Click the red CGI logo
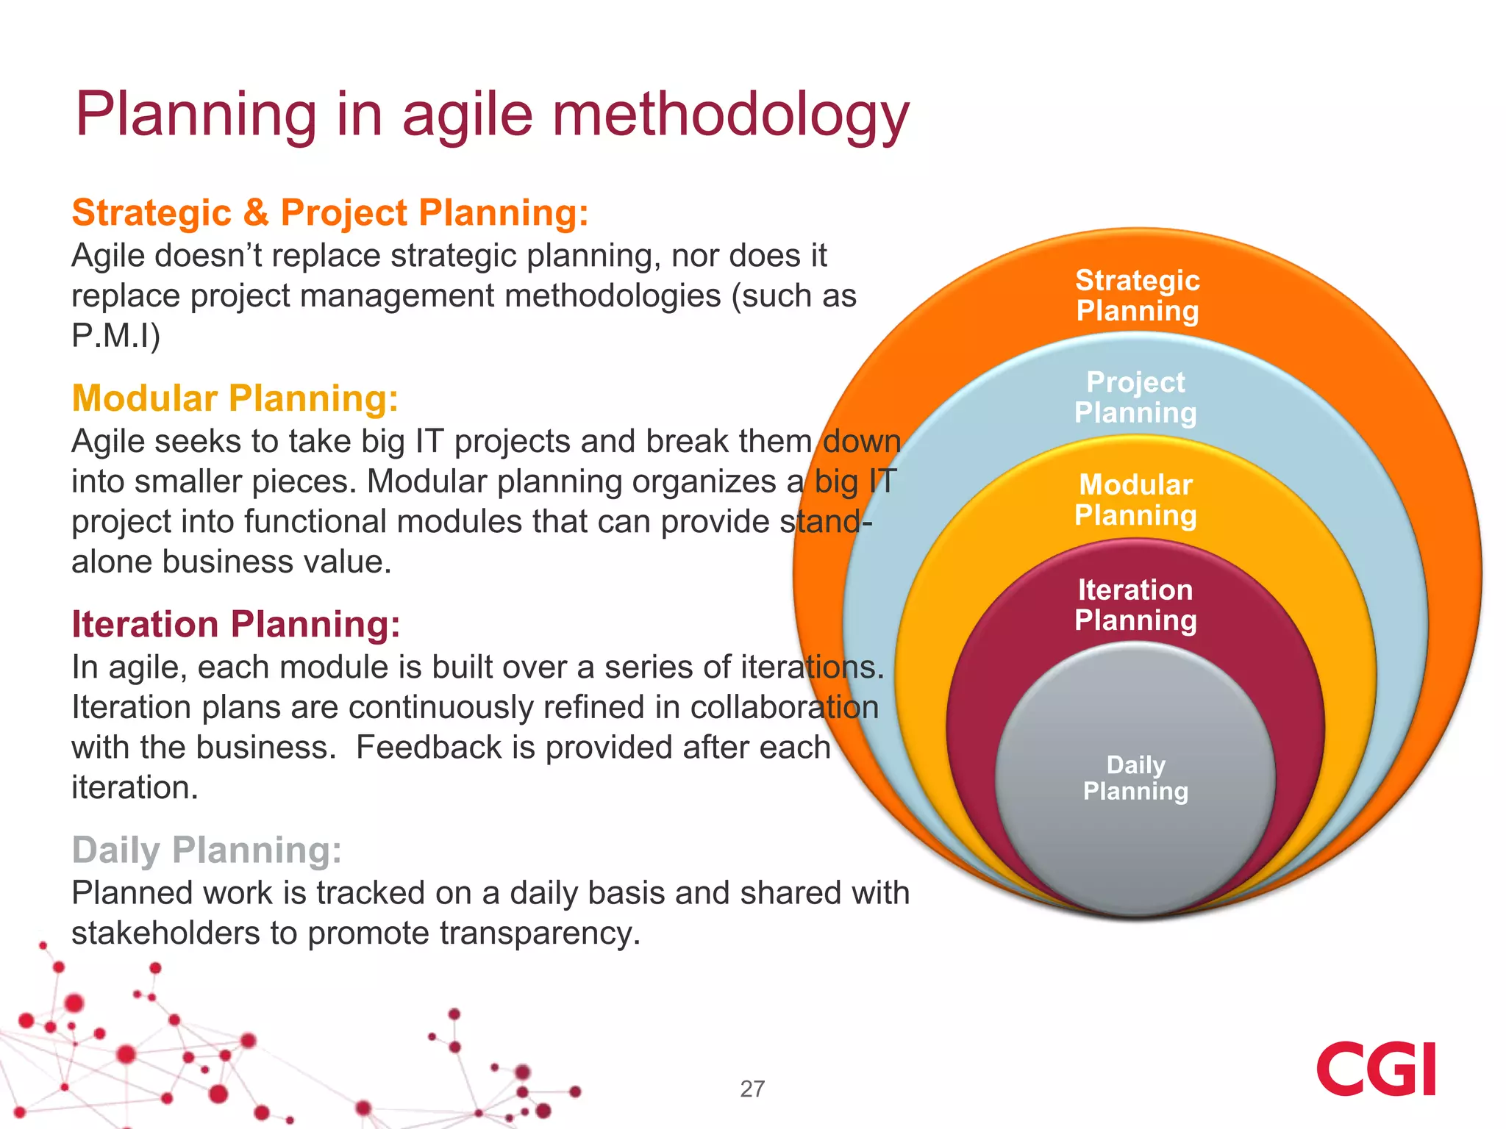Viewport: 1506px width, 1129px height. (1375, 1069)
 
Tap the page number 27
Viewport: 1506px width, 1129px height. (752, 1089)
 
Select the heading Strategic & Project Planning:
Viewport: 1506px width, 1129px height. (330, 213)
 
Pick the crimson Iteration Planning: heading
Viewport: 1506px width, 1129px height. (236, 625)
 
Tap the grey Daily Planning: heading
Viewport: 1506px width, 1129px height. (207, 850)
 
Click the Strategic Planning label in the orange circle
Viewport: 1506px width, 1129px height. (1137, 295)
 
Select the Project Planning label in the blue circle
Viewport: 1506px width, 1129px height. (1135, 398)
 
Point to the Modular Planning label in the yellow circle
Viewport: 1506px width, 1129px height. (1135, 501)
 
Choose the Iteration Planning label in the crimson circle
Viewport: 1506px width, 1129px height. (1135, 605)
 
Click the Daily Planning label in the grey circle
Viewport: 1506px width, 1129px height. (1135, 778)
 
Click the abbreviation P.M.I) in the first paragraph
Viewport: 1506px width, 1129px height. (115, 336)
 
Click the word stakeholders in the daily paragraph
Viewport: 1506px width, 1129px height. (165, 933)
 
